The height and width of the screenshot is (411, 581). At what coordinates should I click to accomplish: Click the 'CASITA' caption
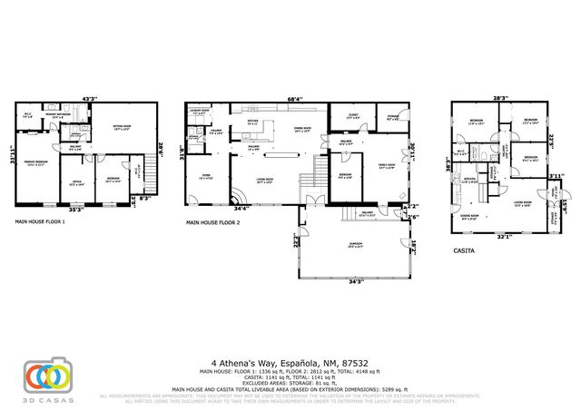465,250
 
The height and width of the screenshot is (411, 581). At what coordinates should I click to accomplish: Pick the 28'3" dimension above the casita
499,97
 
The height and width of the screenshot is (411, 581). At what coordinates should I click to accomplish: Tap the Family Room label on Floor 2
386,166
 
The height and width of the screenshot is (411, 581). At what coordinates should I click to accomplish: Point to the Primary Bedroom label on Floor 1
37,164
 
